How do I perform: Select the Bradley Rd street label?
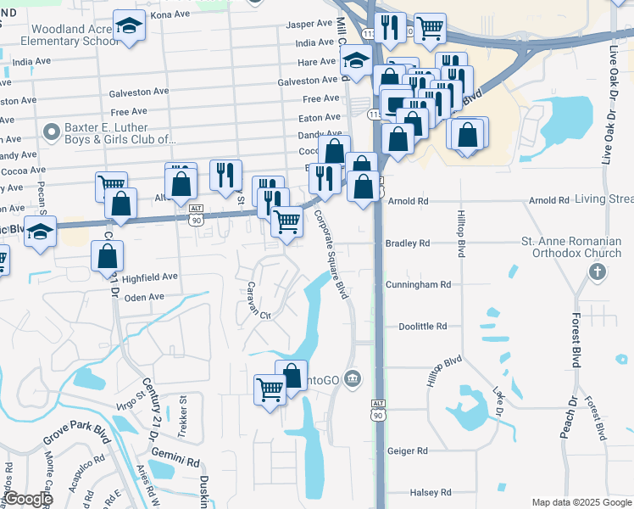click(x=408, y=243)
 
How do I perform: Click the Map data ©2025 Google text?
click(x=581, y=502)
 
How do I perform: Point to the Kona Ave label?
click(x=170, y=15)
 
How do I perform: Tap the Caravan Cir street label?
click(x=258, y=300)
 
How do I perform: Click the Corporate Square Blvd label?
click(x=331, y=255)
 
